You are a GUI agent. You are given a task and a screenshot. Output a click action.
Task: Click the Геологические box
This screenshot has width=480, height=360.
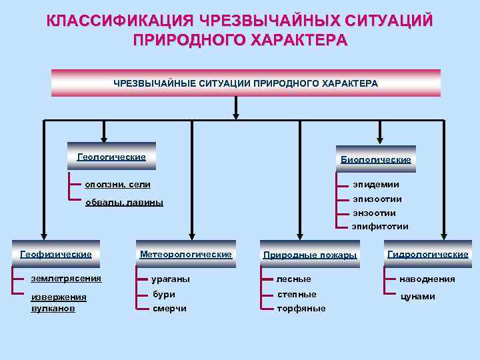112,157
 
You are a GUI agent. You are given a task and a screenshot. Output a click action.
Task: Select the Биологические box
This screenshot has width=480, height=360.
375,159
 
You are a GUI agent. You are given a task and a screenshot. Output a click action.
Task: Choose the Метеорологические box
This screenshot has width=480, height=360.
186,254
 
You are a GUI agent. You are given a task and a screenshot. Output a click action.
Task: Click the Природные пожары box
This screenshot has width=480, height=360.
310,255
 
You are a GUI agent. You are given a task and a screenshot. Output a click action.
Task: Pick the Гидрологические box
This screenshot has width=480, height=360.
428,254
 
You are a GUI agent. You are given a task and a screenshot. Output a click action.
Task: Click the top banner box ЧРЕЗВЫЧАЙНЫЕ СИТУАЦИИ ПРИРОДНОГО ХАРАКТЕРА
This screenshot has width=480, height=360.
245,83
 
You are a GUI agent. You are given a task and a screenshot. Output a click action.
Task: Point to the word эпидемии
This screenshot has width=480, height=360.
376,185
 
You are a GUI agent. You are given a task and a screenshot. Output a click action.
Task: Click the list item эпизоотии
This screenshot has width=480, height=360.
377,199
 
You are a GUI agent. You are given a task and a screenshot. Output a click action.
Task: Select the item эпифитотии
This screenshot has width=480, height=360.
380,227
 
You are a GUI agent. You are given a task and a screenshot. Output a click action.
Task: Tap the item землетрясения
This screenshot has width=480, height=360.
66,279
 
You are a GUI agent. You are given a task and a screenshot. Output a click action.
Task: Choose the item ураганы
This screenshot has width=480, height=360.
171,279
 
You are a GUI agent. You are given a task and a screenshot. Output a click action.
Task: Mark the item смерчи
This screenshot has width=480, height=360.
169,308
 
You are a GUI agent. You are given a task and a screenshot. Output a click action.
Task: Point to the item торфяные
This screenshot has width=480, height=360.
301,308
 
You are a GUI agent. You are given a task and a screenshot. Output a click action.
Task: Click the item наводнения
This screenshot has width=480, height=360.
427,279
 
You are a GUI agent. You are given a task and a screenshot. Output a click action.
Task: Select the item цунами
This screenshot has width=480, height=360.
417,296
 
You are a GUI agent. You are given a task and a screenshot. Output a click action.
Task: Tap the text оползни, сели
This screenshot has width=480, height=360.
117,183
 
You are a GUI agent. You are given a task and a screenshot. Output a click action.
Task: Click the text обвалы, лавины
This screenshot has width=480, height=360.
124,202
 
